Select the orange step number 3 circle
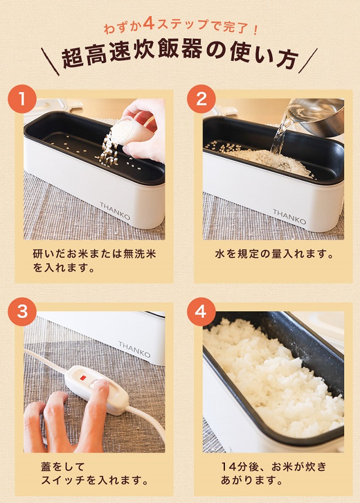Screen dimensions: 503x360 (22, 311)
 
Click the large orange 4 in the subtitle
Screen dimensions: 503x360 (149, 25)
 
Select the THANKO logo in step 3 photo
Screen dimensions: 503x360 (134, 349)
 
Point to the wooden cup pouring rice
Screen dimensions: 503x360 (138, 131)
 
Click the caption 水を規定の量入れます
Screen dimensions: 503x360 (274, 254)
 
